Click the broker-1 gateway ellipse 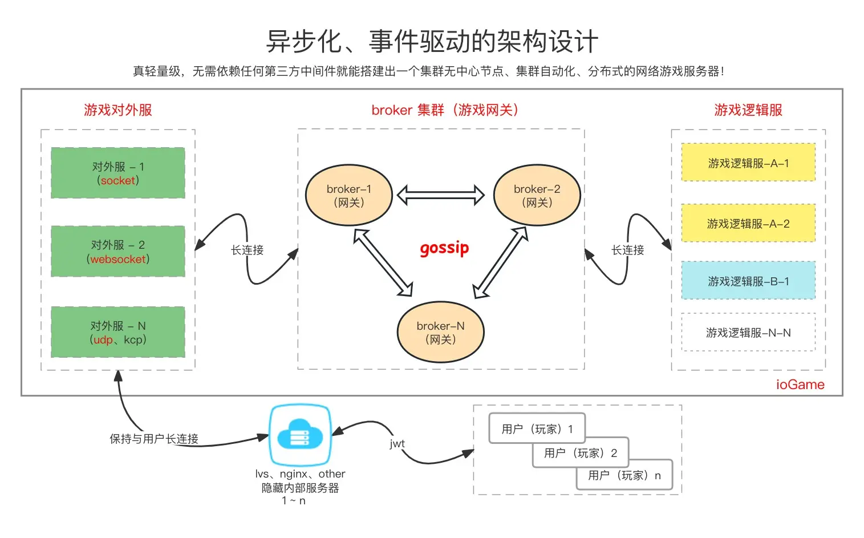(x=348, y=195)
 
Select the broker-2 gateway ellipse (x=537, y=195)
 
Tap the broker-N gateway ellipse (x=440, y=332)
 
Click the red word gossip (x=444, y=248)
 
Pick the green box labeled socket (x=118, y=173)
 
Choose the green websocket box (x=118, y=251)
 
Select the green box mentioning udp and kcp (x=118, y=332)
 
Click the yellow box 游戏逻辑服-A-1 (x=748, y=163)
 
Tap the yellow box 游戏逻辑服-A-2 (x=748, y=223)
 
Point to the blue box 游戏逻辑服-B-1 (x=748, y=281)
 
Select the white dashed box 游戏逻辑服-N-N (x=748, y=332)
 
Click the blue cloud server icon (x=300, y=435)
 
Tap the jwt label (x=397, y=443)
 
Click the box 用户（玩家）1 (x=537, y=428)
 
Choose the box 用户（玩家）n (x=624, y=475)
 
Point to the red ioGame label (x=800, y=385)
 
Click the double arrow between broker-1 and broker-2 (x=440, y=195)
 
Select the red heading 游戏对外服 (x=118, y=110)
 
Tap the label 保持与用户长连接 (x=154, y=439)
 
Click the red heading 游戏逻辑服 (x=748, y=110)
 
